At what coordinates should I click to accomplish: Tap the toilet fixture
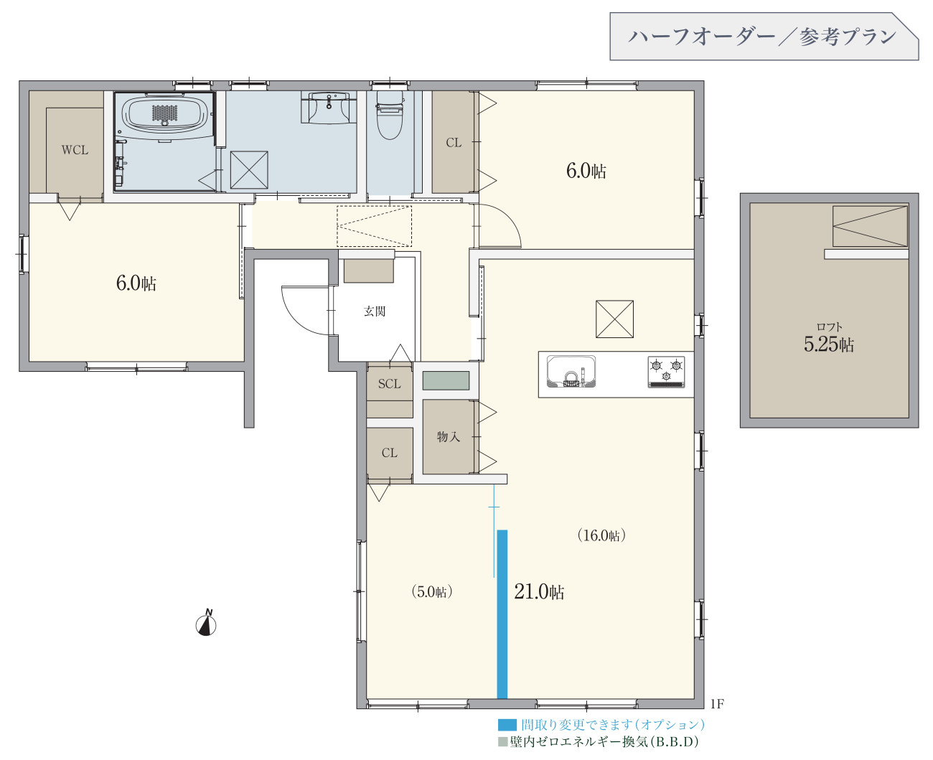(390, 115)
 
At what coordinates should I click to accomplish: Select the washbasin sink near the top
(329, 107)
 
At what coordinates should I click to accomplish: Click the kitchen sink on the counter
(571, 372)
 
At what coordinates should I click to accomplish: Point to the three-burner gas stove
(666, 372)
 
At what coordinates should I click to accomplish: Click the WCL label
(75, 150)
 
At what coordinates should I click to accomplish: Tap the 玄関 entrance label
(375, 311)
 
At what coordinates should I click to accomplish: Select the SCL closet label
(390, 384)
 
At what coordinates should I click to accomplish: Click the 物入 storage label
(448, 436)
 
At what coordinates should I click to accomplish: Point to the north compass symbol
(206, 622)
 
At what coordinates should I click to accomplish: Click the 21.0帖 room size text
(539, 592)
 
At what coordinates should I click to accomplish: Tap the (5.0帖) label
(431, 592)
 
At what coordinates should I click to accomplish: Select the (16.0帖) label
(601, 535)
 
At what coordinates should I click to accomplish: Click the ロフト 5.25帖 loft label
(829, 338)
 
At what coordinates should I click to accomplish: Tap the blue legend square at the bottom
(507, 725)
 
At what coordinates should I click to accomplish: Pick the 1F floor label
(717, 704)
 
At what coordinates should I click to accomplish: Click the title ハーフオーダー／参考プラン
(761, 37)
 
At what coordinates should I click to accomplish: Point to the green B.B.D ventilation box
(446, 380)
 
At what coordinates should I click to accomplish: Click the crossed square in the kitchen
(614, 319)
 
